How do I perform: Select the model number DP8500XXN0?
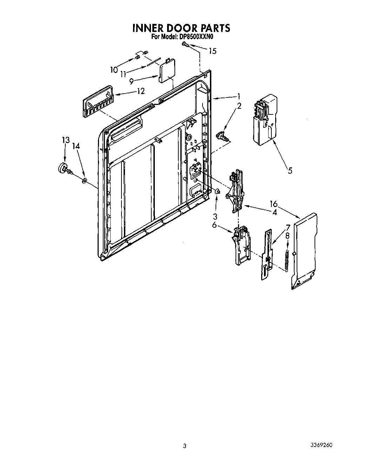tap(198, 36)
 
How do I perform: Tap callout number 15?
tap(212, 51)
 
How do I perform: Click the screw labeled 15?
tap(185, 44)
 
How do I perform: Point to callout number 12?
tap(140, 92)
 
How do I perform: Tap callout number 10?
tap(113, 70)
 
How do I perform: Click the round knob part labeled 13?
tap(64, 168)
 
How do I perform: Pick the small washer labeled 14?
tap(85, 181)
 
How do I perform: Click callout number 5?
tap(290, 171)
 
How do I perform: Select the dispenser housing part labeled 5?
tap(265, 119)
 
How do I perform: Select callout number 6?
tap(214, 225)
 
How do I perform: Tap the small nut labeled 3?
tap(217, 191)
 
